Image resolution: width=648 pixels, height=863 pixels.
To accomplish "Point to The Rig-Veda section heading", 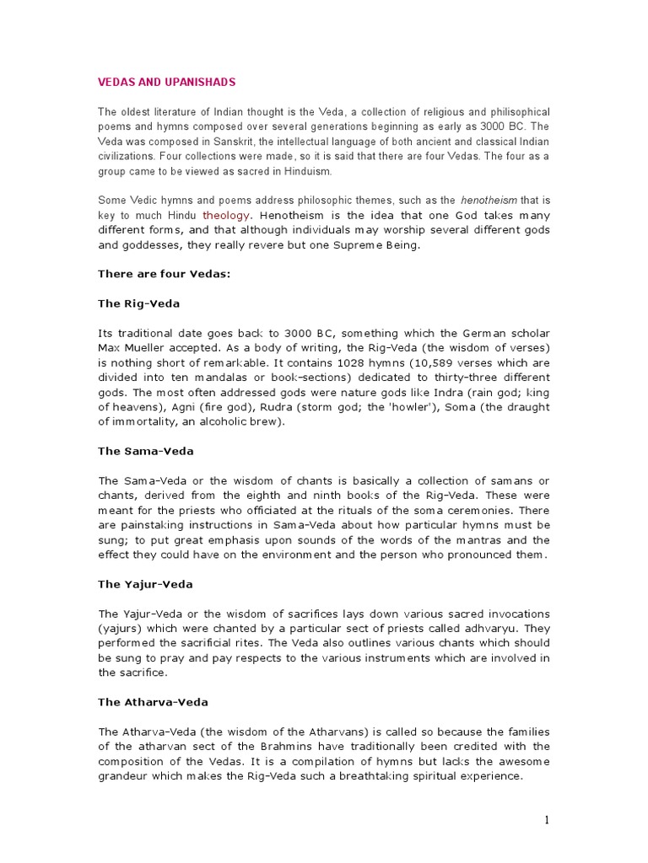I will pyautogui.click(x=138, y=303).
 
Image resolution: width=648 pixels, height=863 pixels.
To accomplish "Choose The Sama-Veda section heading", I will pyautogui.click(x=145, y=451).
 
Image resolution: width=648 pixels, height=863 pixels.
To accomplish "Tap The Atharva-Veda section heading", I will pyautogui.click(x=153, y=701).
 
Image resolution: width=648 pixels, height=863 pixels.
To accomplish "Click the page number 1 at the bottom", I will pyautogui.click(x=547, y=820).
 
